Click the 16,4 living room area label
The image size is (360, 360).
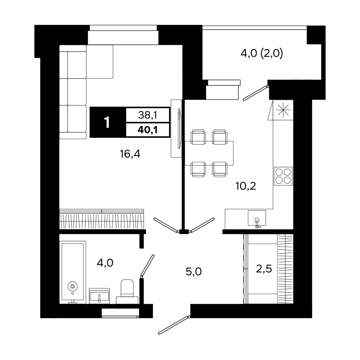[x=130, y=154]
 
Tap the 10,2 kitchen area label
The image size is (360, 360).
[x=246, y=186]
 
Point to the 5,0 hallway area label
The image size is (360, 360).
[x=193, y=272]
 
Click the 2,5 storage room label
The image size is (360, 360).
[x=264, y=269]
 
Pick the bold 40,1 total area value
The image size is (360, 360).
[x=148, y=130]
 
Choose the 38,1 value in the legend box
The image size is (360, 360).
[x=147, y=115]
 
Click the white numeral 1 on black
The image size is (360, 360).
[x=107, y=122]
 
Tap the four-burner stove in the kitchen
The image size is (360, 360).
[x=283, y=176]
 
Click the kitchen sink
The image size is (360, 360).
[x=257, y=217]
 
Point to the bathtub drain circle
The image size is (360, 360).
[x=73, y=286]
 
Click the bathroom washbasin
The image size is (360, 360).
[x=99, y=296]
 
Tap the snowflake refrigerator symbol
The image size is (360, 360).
[x=283, y=110]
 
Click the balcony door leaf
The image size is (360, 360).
[x=255, y=93]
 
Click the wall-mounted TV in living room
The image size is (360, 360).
[x=179, y=128]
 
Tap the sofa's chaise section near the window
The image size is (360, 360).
[x=100, y=62]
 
